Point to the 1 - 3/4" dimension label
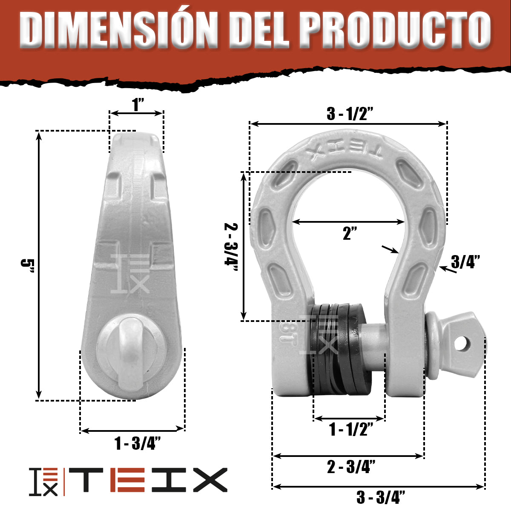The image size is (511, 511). click(x=138, y=444)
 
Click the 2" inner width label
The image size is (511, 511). click(x=350, y=233)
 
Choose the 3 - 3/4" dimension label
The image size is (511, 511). click(x=380, y=497)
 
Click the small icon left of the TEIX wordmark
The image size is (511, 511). click(x=44, y=482)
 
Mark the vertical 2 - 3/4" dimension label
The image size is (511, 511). click(x=232, y=245)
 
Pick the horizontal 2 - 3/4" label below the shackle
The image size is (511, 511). click(x=351, y=467)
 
